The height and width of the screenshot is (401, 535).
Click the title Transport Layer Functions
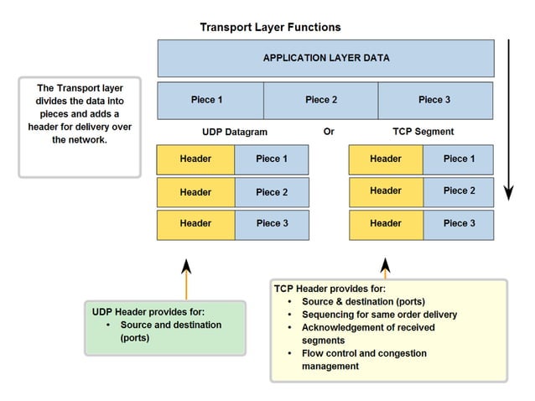point(270,27)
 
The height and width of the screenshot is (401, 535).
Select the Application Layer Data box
point(325,58)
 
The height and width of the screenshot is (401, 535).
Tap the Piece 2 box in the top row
point(320,100)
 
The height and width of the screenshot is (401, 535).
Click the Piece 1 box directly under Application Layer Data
point(210,100)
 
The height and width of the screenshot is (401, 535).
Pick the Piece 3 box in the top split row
point(434,100)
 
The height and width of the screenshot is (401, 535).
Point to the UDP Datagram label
point(235,132)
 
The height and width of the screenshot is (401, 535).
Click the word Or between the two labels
point(329,132)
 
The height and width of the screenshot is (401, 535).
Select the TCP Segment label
point(423,132)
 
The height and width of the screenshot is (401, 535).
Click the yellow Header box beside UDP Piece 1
point(195,159)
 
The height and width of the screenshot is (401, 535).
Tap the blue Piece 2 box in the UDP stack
point(272,192)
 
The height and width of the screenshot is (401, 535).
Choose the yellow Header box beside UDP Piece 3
point(195,224)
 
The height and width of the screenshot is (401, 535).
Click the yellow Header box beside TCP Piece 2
point(386,191)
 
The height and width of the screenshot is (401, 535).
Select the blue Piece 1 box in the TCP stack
point(459,159)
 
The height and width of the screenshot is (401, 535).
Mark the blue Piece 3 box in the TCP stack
point(459,224)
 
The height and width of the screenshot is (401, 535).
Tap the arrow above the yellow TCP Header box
point(386,268)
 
